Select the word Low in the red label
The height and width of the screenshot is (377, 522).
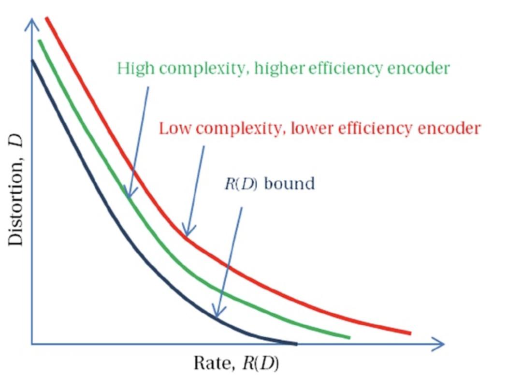[x=176, y=129]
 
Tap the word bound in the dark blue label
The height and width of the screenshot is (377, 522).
[x=290, y=184]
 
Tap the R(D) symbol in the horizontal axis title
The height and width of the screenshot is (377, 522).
[x=259, y=362]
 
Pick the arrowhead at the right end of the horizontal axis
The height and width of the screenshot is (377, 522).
[x=439, y=344]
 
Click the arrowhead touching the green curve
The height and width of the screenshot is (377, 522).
[x=129, y=193]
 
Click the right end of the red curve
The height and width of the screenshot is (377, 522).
[x=410, y=333]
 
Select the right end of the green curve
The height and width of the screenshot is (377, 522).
[x=348, y=336]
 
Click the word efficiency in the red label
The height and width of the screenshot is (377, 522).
[x=385, y=129]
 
